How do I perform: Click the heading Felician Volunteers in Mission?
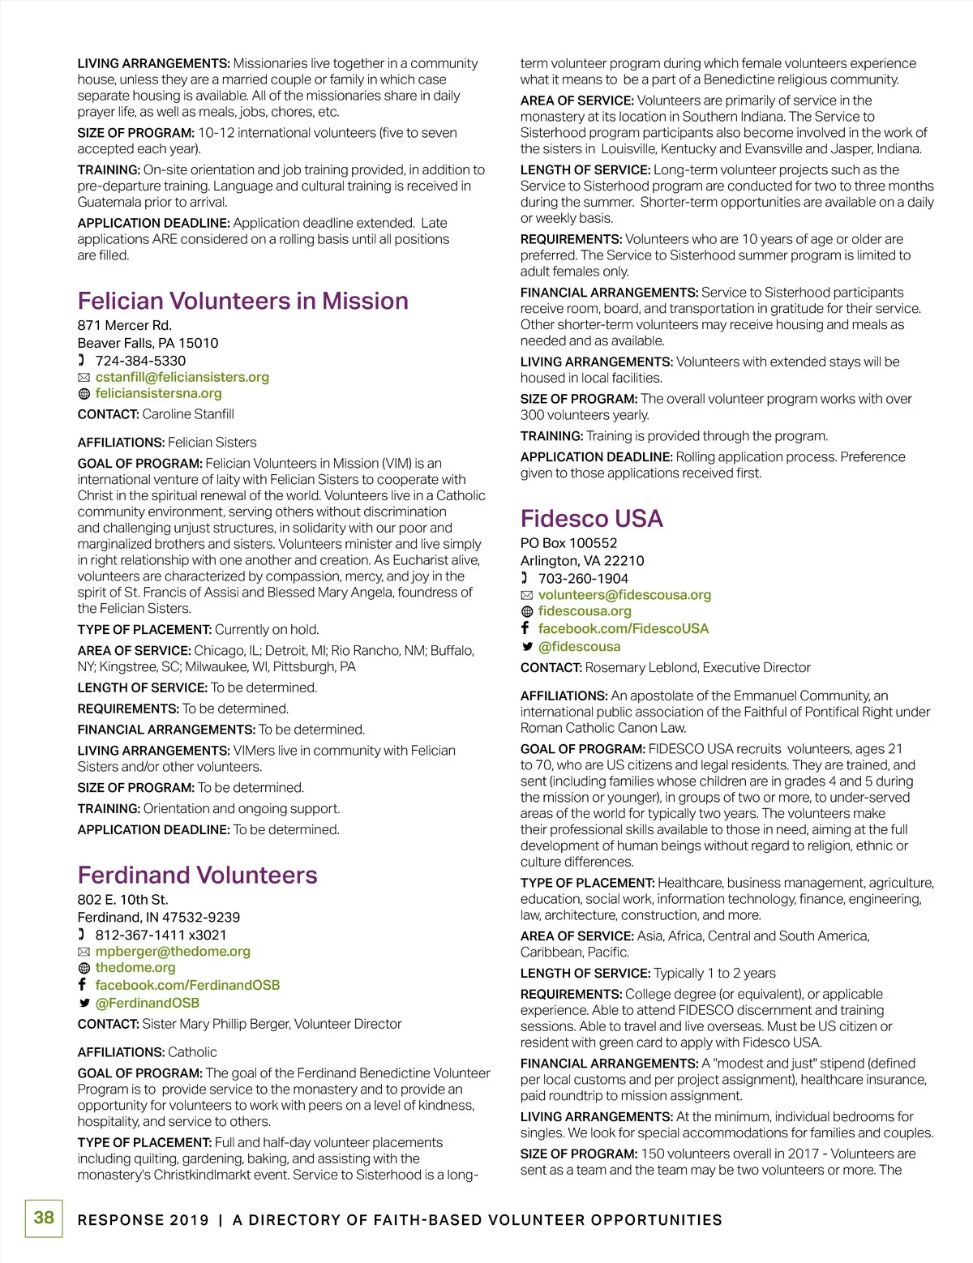click(242, 302)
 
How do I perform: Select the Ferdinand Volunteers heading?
click(197, 876)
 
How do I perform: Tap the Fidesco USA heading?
click(591, 519)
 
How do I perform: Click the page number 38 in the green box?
click(44, 1218)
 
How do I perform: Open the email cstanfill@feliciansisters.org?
click(182, 377)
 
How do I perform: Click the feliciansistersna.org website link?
click(158, 393)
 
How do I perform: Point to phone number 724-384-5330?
click(140, 361)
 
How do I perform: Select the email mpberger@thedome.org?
click(173, 951)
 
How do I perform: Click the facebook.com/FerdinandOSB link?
click(187, 985)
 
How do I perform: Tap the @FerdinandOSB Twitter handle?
click(147, 1003)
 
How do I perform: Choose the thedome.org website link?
click(135, 967)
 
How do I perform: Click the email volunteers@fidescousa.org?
click(624, 594)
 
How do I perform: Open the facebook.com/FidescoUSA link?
click(623, 628)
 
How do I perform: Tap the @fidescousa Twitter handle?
click(579, 646)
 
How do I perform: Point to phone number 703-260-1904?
click(583, 578)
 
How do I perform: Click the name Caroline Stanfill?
click(188, 414)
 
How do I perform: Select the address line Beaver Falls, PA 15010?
click(148, 343)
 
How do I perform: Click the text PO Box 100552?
click(568, 543)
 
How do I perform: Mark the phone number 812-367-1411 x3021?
click(161, 935)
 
